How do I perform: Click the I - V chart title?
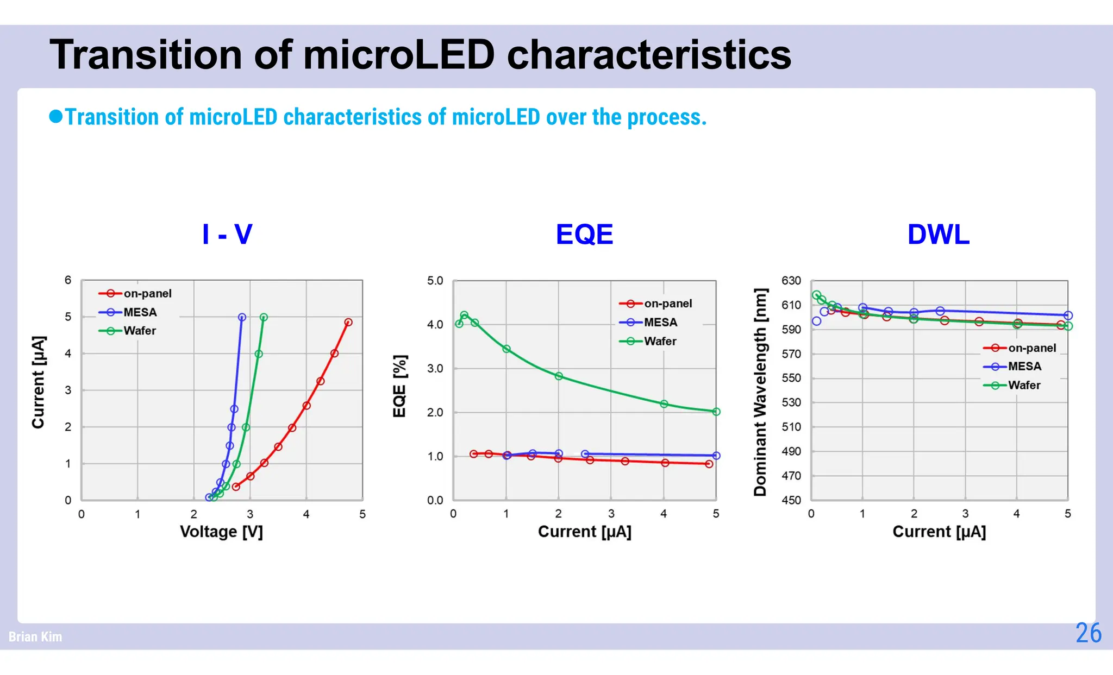[227, 235]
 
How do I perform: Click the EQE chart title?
[584, 235]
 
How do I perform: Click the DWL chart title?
[939, 235]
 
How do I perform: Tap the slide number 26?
[1088, 633]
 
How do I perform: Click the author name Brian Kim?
[35, 636]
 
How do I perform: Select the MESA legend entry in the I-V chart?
[140, 312]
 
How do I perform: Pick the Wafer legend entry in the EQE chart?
[660, 341]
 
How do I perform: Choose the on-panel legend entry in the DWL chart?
[1031, 348]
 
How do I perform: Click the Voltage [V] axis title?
[221, 532]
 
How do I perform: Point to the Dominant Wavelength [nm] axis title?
[760, 392]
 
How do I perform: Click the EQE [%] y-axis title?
[399, 386]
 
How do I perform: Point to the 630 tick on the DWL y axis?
[791, 281]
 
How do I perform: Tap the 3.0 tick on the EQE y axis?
[435, 369]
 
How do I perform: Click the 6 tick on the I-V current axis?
[68, 280]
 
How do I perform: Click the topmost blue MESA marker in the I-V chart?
[242, 317]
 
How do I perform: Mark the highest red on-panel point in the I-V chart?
[348, 323]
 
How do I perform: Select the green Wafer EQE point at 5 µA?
[716, 412]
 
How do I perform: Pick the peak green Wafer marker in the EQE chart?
[464, 315]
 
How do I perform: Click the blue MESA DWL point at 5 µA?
[1068, 316]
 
